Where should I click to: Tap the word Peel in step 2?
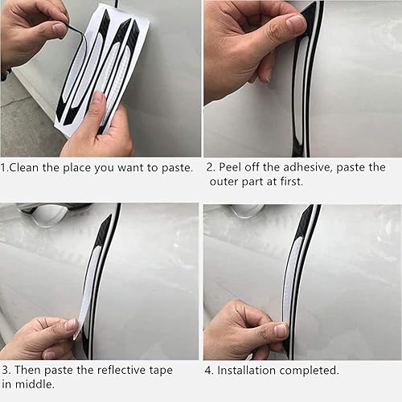236,168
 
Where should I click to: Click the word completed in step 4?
314,370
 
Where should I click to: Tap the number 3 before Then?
6,370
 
